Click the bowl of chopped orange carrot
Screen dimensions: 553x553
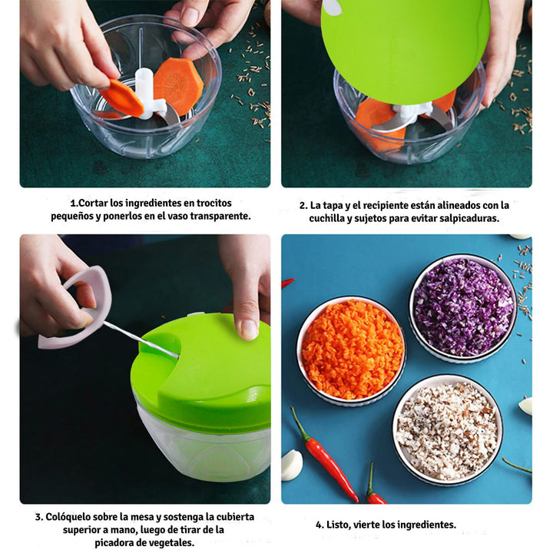point(352,349)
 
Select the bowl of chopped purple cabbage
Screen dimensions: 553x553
point(462,306)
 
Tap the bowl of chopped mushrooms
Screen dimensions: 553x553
point(447,429)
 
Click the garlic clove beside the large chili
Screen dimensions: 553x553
point(291,465)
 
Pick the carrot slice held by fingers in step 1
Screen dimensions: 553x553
point(121,98)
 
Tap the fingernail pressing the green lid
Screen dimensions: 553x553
point(249,329)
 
